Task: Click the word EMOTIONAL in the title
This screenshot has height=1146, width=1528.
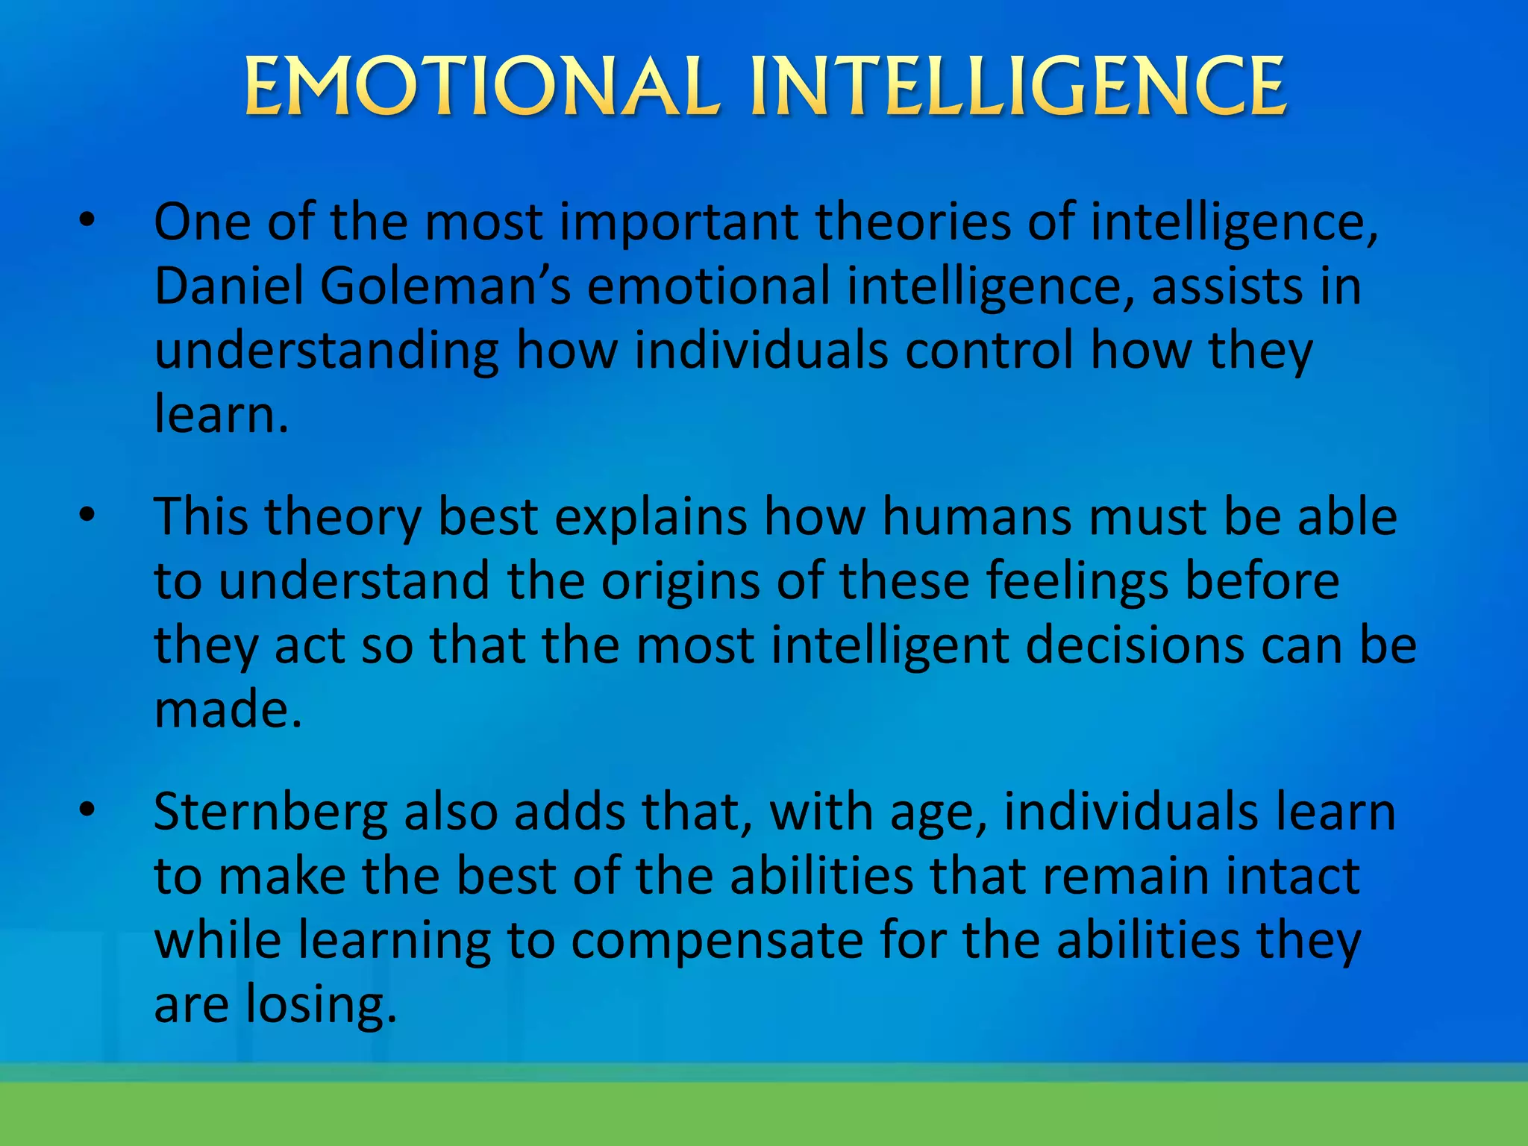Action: coord(481,87)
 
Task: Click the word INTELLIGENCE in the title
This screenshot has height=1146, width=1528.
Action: coord(1018,87)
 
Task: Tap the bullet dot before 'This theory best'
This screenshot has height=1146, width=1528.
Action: coord(87,515)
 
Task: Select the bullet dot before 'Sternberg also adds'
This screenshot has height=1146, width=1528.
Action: coord(87,809)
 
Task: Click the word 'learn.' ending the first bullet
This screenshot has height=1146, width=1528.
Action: coord(221,414)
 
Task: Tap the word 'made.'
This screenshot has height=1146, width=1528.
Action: coord(228,709)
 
